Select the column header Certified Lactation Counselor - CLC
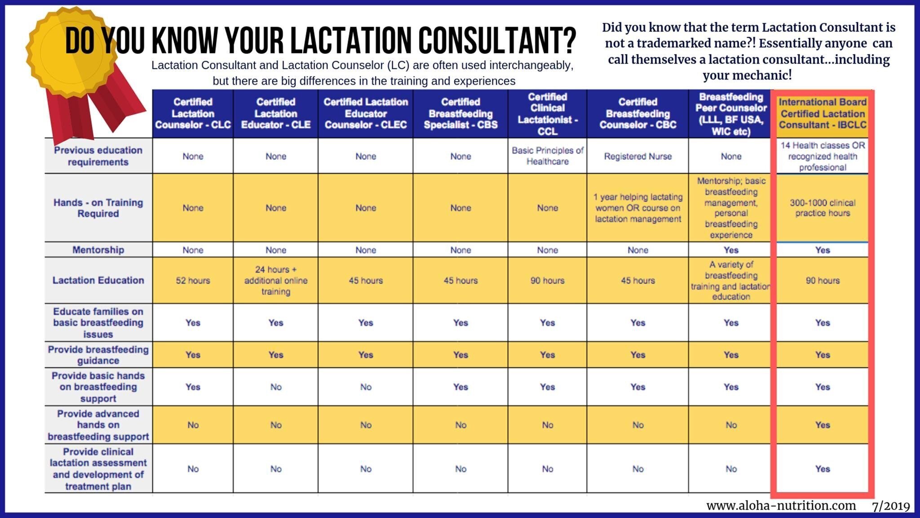click(x=193, y=113)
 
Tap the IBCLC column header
click(x=823, y=114)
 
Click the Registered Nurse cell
click(x=637, y=156)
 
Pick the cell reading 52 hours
click(x=193, y=281)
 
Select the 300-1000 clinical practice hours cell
click(x=823, y=208)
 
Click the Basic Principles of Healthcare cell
click(x=547, y=156)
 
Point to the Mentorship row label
click(x=98, y=250)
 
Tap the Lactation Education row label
click(x=98, y=280)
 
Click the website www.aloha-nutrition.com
click(x=781, y=506)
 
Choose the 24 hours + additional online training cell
click(x=275, y=281)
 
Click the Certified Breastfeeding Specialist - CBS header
click(x=460, y=113)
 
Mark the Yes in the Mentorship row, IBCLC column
click(x=823, y=250)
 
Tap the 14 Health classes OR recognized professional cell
click(x=823, y=156)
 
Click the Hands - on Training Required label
click(x=98, y=208)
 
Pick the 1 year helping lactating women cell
click(x=637, y=208)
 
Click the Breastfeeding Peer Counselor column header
click(x=731, y=114)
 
